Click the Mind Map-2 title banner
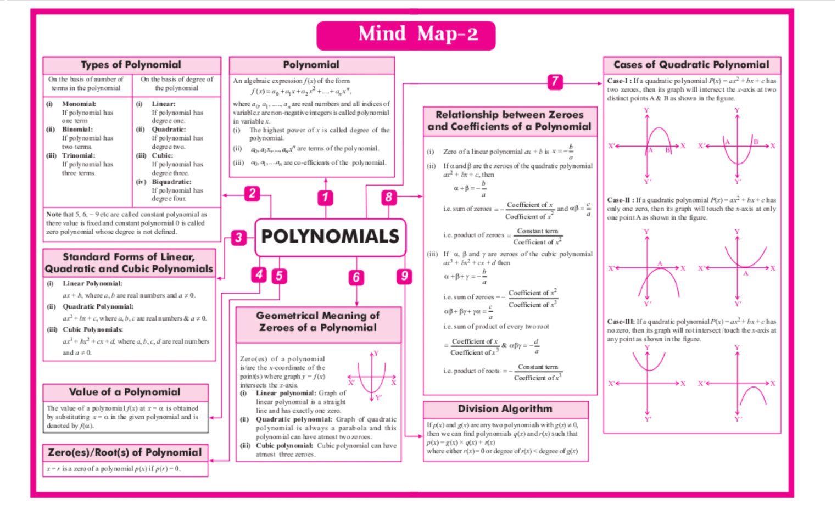[406, 35]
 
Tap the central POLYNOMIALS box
[330, 237]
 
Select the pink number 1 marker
[326, 197]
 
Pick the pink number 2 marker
[252, 193]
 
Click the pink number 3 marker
[238, 238]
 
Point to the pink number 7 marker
[555, 82]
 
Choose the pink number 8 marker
[389, 197]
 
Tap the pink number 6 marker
[356, 277]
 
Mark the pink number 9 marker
[404, 276]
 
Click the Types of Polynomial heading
[131, 65]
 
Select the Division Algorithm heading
[505, 409]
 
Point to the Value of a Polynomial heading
[125, 392]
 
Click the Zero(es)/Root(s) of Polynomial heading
[125, 452]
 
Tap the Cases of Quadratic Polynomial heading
[691, 65]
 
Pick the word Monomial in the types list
[79, 104]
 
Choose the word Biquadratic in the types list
[171, 182]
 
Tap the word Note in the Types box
[53, 215]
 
